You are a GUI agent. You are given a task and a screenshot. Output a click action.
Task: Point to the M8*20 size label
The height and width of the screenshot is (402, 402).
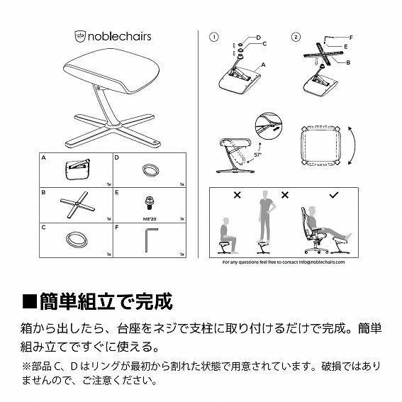pos(150,219)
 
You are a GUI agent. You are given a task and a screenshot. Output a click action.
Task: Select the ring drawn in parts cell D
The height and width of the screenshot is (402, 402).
pos(150,169)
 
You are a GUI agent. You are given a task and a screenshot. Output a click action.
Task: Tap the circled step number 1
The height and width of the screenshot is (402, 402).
pos(214,36)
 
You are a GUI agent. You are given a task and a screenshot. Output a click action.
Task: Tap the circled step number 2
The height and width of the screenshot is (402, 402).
pos(296,36)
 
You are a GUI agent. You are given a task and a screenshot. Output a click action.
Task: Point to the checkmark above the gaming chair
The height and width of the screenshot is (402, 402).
pos(334,194)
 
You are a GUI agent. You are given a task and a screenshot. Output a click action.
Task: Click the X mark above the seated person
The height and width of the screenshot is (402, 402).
pos(237,194)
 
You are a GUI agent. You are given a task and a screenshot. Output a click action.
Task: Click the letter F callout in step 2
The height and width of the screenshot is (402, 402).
pos(352,35)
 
